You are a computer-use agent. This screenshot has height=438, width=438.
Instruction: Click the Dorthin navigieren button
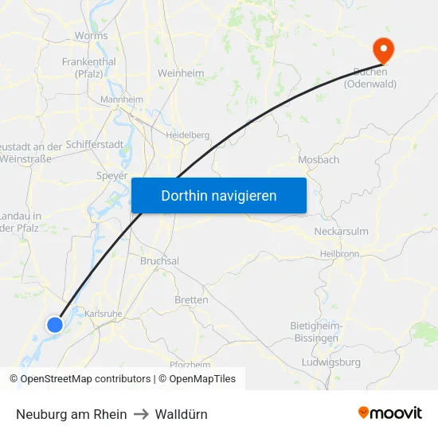pyautogui.click(x=218, y=195)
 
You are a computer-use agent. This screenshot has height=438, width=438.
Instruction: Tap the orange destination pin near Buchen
pyautogui.click(x=384, y=50)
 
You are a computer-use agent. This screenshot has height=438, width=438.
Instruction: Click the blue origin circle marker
pyautogui.click(x=54, y=324)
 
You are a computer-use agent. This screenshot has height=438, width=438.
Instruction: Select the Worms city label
pyautogui.click(x=91, y=36)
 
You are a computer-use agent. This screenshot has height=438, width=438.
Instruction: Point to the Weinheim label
pyautogui.click(x=181, y=73)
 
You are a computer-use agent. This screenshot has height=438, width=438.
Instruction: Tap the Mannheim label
pyautogui.click(x=121, y=100)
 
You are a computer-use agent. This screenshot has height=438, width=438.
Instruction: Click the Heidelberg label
pyautogui.click(x=187, y=135)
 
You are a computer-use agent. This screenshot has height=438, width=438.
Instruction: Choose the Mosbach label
pyautogui.click(x=319, y=159)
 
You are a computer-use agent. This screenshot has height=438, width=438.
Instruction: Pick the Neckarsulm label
pyautogui.click(x=342, y=232)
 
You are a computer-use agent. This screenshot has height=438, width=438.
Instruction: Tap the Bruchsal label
pyautogui.click(x=159, y=260)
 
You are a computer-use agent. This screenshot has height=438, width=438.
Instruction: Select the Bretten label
pyautogui.click(x=191, y=300)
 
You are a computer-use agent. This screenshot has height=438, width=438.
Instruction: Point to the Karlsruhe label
pyautogui.click(x=104, y=314)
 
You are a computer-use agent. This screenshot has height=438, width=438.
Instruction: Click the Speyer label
pyautogui.click(x=111, y=175)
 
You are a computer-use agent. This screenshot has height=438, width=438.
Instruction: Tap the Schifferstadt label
pyautogui.click(x=95, y=145)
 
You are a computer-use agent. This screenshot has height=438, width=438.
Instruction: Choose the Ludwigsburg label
pyautogui.click(x=331, y=362)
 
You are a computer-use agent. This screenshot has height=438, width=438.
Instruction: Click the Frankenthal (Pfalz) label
pyautogui.click(x=88, y=67)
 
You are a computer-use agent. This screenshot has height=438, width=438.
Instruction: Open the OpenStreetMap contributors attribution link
pyautogui.click(x=85, y=379)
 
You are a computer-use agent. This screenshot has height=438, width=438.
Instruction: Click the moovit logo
pyautogui.click(x=390, y=413)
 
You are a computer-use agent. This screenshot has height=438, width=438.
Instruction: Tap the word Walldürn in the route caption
pyautogui.click(x=182, y=414)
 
